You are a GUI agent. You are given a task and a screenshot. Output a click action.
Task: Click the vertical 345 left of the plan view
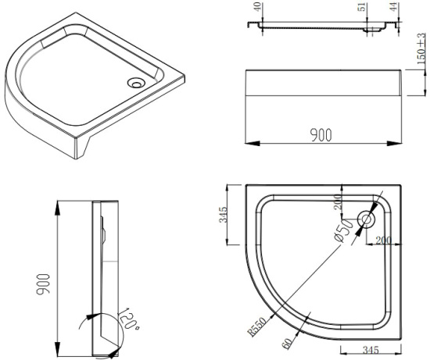click(223, 214)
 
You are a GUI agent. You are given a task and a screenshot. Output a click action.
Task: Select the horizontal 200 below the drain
click(382, 239)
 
